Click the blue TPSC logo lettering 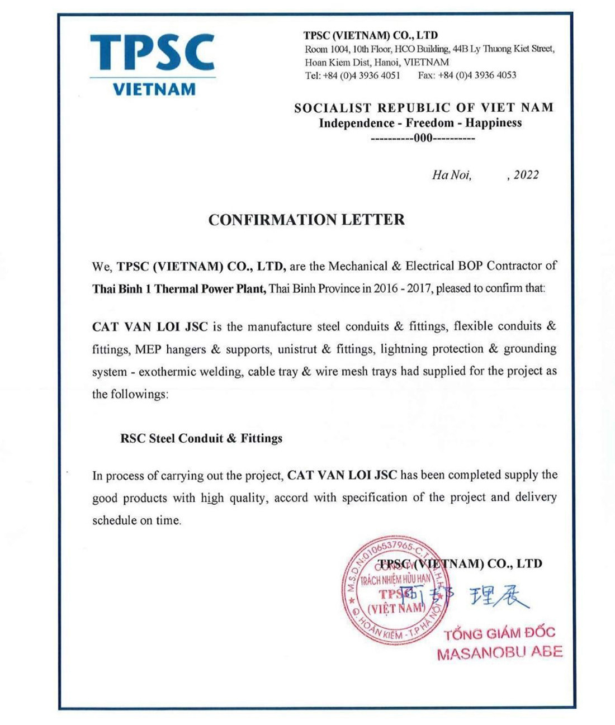pyautogui.click(x=152, y=53)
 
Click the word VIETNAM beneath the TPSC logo pyautogui.click(x=154, y=89)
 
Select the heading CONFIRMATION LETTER pyautogui.click(x=306, y=220)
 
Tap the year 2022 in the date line pyautogui.click(x=526, y=175)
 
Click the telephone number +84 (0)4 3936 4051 pyautogui.click(x=361, y=75)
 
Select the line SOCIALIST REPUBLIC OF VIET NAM pyautogui.click(x=424, y=108)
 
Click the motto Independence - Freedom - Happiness pyautogui.click(x=420, y=123)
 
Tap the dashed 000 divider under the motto pyautogui.click(x=423, y=138)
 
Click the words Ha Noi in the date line pyautogui.click(x=451, y=175)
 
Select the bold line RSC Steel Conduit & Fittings pyautogui.click(x=201, y=438)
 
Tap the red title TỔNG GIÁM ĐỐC pyautogui.click(x=499, y=633)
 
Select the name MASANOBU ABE pyautogui.click(x=499, y=652)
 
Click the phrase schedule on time pyautogui.click(x=137, y=520)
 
